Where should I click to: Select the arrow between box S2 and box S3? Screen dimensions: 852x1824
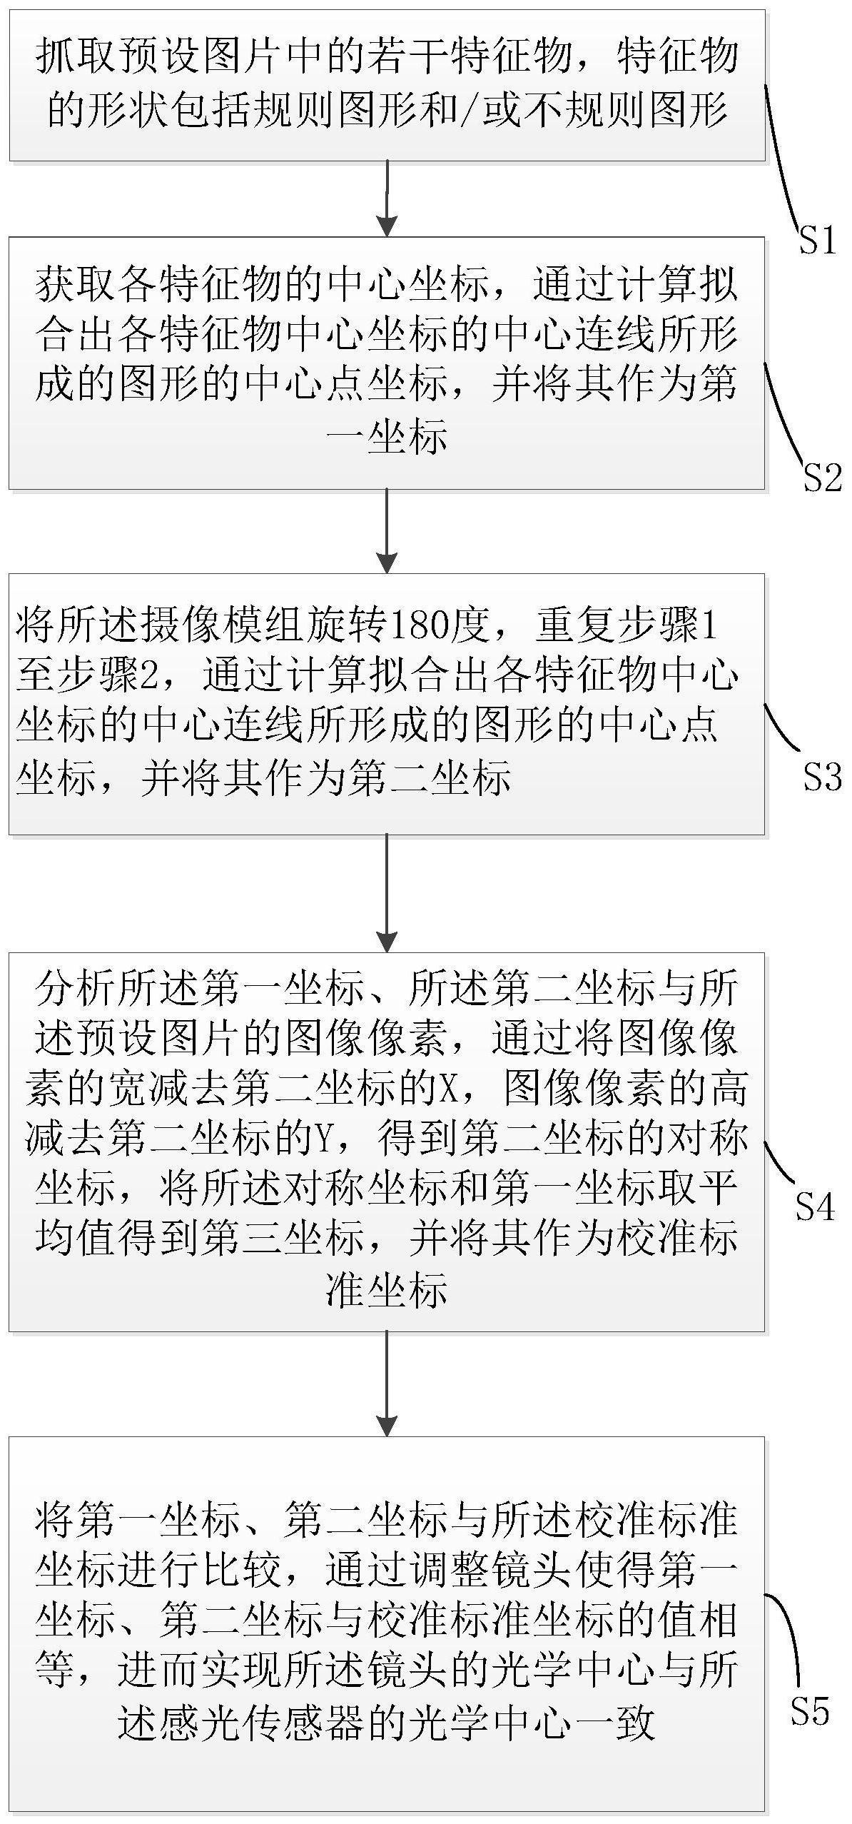tap(387, 531)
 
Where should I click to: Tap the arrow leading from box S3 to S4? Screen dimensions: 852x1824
tap(387, 893)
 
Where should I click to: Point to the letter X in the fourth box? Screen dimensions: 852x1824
tap(447, 1089)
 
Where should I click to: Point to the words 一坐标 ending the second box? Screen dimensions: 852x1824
tap(387, 437)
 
